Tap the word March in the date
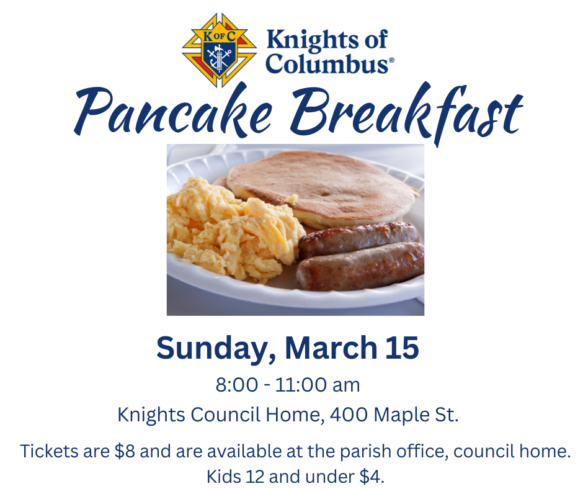coord(331,348)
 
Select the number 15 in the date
coord(401,348)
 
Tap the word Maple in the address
coord(398,415)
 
